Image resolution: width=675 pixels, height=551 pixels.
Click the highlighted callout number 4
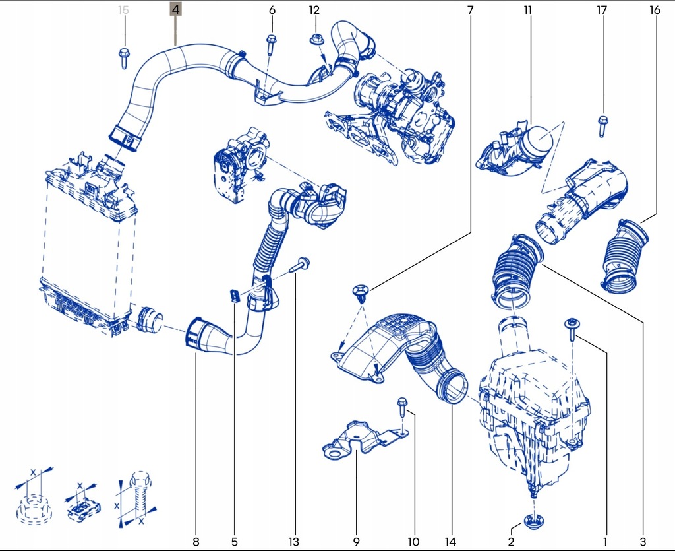click(175, 10)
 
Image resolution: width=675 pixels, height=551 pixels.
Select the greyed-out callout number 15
click(123, 10)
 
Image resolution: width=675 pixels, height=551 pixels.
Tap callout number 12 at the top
click(314, 10)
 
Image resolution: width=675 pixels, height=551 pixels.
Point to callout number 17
click(601, 10)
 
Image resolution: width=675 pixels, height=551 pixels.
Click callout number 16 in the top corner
click(654, 10)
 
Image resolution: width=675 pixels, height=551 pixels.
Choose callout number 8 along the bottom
click(195, 542)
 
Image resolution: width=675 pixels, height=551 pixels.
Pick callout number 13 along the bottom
click(293, 542)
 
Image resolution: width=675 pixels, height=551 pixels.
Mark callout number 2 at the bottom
click(511, 542)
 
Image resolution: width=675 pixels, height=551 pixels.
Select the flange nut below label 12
click(315, 40)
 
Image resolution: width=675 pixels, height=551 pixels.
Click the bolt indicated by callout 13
click(300, 265)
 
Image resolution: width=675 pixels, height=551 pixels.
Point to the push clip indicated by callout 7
click(361, 292)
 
